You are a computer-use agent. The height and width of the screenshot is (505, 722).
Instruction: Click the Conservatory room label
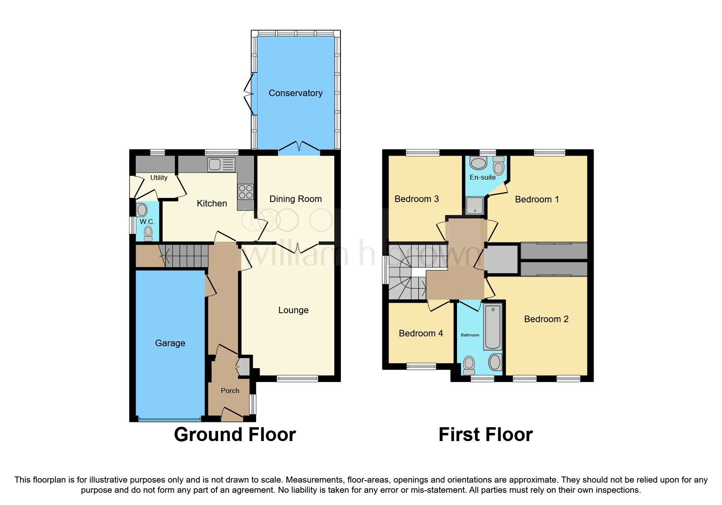296,93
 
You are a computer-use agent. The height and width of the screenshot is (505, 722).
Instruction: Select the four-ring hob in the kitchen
245,192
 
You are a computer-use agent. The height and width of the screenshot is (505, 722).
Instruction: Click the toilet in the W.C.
148,233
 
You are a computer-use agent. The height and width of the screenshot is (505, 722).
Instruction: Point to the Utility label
159,178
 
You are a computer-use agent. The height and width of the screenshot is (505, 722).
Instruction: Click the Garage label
170,343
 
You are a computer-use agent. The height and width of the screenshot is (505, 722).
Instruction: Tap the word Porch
230,391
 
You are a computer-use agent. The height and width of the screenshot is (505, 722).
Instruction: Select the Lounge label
293,310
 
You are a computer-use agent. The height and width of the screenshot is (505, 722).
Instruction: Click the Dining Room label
296,199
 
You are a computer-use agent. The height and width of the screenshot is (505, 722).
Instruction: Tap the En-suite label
482,178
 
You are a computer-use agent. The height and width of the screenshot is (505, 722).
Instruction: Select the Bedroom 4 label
421,334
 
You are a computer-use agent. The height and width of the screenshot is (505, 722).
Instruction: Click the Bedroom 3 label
417,199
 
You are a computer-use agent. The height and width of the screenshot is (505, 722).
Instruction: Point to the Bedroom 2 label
546,319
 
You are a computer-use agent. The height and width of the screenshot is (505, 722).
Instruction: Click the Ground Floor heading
235,435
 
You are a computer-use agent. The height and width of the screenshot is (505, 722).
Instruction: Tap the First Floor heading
485,435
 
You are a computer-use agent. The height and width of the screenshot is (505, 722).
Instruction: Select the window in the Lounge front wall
297,379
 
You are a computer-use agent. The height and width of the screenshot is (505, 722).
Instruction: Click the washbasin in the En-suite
478,164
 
